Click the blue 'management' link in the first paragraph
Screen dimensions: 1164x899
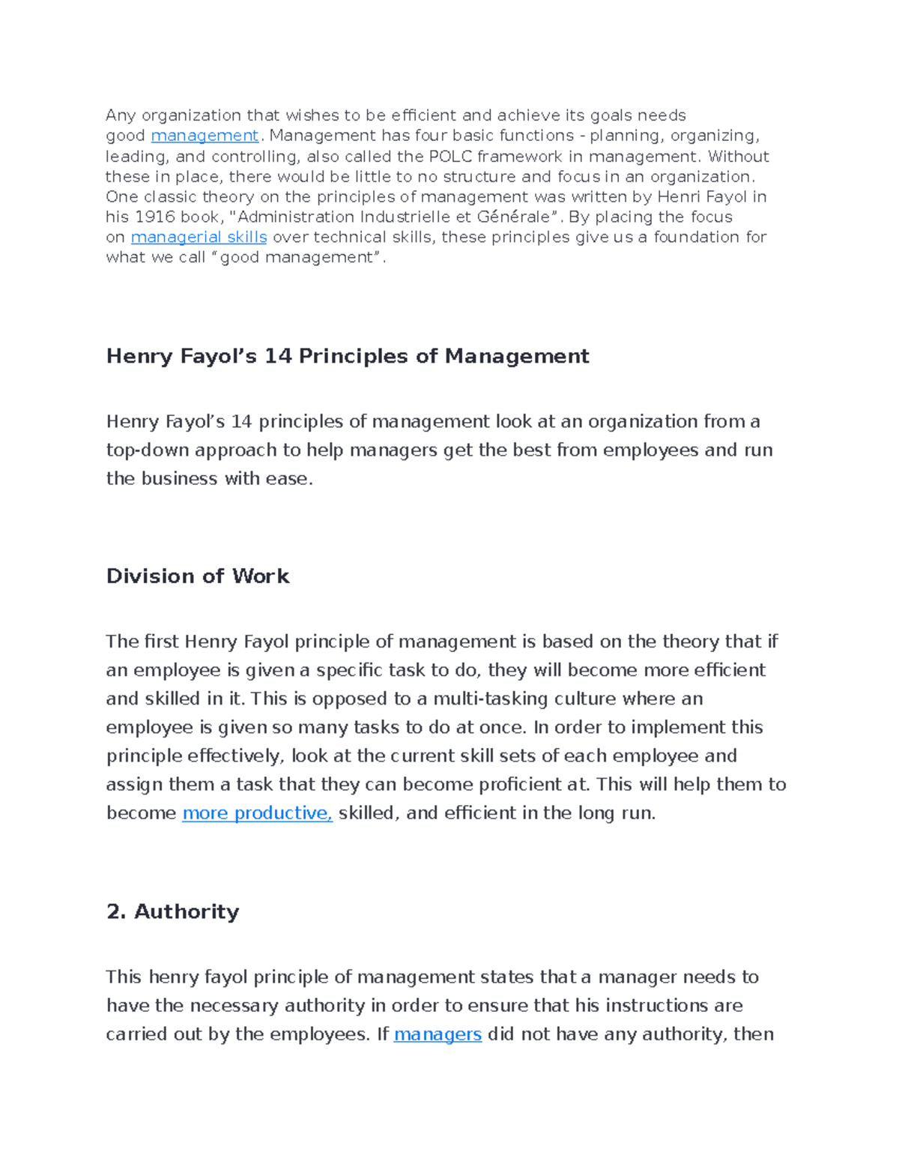tap(205, 136)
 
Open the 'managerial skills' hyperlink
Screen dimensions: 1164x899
tap(199, 237)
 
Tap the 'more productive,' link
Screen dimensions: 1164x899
tap(257, 813)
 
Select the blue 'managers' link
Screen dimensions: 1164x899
tap(438, 1034)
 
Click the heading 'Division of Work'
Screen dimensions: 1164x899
tap(198, 576)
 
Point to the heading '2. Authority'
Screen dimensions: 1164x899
tap(173, 911)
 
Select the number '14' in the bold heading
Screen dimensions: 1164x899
tap(278, 356)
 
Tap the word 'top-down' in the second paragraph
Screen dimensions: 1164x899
tap(148, 450)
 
